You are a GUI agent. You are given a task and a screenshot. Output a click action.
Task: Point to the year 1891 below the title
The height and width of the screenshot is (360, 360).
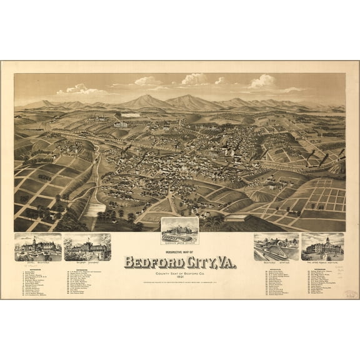click(x=180, y=277)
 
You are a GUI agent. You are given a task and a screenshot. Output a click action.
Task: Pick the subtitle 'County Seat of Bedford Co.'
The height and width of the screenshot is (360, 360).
click(x=180, y=272)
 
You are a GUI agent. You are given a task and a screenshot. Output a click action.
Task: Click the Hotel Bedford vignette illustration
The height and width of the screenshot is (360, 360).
click(x=37, y=247)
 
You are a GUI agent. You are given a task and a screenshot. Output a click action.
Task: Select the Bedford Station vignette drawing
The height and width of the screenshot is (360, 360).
click(x=276, y=247)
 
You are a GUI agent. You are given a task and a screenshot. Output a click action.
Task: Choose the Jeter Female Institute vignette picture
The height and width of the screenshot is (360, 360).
click(x=323, y=247)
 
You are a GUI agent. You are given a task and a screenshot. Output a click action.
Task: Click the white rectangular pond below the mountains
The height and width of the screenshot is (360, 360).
click(x=130, y=115)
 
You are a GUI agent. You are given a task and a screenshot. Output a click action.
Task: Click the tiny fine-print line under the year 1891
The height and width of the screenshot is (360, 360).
click(x=180, y=282)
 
